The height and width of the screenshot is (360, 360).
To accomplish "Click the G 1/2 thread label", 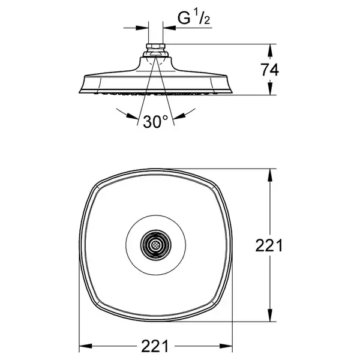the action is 194,18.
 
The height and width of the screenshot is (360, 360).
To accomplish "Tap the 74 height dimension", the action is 269,70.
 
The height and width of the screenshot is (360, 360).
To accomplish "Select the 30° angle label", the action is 155,122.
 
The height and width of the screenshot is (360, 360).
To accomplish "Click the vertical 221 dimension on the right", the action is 269,245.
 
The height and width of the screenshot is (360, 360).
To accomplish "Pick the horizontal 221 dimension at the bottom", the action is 155,346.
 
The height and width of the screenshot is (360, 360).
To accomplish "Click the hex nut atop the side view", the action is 155,47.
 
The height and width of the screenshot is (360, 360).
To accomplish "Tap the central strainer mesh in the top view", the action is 155,245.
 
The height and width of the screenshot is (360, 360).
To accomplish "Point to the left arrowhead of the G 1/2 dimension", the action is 142,28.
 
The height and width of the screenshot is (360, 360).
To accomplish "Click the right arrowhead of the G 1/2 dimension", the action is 169,28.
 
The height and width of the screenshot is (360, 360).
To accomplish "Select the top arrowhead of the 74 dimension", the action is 270,50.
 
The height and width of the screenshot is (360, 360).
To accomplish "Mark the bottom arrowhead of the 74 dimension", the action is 270,89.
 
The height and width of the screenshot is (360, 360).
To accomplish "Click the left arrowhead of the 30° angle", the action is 133,116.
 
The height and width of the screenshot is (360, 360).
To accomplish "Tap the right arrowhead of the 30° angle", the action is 179,116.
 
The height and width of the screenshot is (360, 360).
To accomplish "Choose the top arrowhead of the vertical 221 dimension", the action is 270,175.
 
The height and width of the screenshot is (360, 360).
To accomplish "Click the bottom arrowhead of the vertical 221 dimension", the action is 270,315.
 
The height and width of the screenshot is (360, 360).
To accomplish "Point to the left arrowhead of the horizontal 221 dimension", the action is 85,346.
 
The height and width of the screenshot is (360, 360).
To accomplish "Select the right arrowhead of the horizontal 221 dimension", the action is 226,346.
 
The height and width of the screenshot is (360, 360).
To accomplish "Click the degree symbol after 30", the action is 166,118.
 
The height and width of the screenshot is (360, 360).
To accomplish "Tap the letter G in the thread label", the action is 184,18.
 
